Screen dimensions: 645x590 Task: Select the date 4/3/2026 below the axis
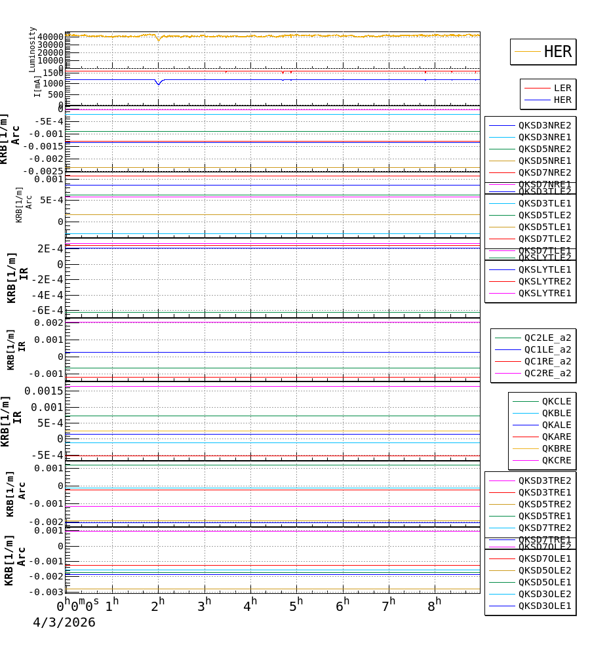(64, 623)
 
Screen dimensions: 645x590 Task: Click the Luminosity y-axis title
(32, 49)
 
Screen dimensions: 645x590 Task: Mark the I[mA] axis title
(37, 86)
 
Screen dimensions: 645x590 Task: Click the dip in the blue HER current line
(158, 83)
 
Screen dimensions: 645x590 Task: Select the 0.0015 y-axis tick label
(44, 391)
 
